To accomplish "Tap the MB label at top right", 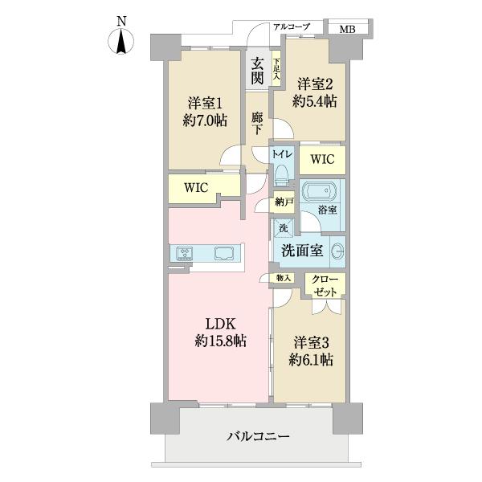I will pyautogui.click(x=346, y=30).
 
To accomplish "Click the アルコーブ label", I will pyautogui.click(x=292, y=27).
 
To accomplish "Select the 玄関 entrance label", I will pyautogui.click(x=257, y=71).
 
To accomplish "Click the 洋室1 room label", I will pyautogui.click(x=206, y=104).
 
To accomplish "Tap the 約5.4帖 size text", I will pyautogui.click(x=314, y=101).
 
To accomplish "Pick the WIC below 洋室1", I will pyautogui.click(x=196, y=187).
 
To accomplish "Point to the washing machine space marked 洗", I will pyautogui.click(x=284, y=227).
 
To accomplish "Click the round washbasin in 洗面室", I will pyautogui.click(x=337, y=248).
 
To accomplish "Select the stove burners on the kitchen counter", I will pyautogui.click(x=185, y=255).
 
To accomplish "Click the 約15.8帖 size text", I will pyautogui.click(x=218, y=341).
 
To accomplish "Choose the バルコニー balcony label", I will pyautogui.click(x=258, y=437).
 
